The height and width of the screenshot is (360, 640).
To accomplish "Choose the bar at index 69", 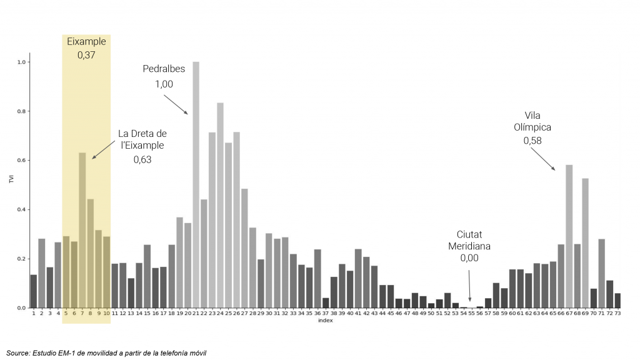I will (x=585, y=243).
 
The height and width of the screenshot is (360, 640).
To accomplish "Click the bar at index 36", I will (x=317, y=278).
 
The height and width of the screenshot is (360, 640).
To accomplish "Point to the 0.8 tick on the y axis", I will (x=22, y=111).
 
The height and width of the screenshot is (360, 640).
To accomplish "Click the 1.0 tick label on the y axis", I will (x=22, y=62).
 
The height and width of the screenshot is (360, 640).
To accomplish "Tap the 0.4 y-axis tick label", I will (x=22, y=209).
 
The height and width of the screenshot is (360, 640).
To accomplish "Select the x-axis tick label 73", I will (x=617, y=314).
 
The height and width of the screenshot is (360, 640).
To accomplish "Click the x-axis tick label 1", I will (x=34, y=314).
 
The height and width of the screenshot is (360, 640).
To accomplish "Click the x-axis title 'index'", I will (x=325, y=321).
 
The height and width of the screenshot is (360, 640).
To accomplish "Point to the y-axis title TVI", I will (x=11, y=180).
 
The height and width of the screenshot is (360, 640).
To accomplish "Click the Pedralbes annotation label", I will (x=164, y=69).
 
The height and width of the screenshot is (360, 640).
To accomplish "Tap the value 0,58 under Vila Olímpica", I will (x=532, y=141).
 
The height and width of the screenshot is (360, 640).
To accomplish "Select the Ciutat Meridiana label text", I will (x=469, y=240).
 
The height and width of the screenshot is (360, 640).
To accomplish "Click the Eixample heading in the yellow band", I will (x=86, y=42).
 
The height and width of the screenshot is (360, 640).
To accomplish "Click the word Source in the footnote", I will (x=18, y=353).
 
